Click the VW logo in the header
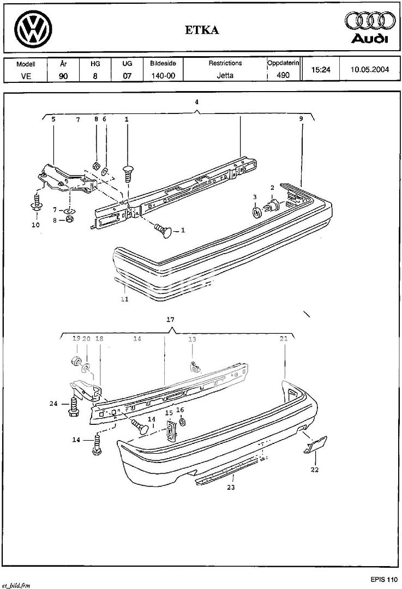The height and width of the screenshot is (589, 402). [33, 29]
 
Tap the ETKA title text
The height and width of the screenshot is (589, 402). [202, 30]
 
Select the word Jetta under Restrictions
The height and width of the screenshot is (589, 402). [225, 75]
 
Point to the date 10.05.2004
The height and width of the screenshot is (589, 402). [370, 69]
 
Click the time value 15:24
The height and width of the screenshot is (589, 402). [321, 69]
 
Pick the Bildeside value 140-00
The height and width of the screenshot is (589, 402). [163, 75]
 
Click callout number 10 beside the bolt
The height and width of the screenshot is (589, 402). [35, 225]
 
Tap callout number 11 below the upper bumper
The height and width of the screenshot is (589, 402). [125, 299]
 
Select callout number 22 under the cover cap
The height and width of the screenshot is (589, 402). [315, 470]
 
